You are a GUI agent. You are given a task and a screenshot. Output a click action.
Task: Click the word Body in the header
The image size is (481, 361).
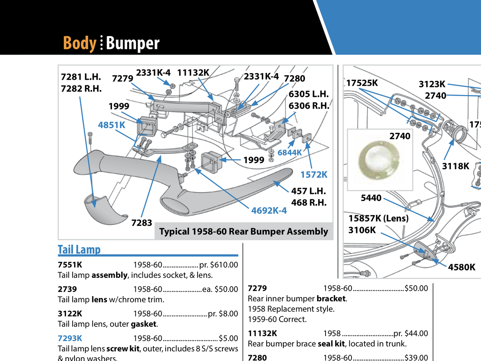[79, 43]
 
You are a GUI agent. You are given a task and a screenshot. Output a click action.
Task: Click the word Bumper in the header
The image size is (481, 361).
[132, 43]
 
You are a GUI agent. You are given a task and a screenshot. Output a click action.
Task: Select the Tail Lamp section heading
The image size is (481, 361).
[79, 250]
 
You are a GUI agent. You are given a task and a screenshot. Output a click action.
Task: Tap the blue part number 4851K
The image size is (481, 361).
[111, 125]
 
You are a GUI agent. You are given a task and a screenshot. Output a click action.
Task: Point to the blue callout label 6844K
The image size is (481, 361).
[290, 152]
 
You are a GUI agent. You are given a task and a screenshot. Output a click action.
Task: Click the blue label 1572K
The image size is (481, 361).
[314, 174]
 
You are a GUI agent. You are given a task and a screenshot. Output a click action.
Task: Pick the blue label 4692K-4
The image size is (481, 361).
[269, 211]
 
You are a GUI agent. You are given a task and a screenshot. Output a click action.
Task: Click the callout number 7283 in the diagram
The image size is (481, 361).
[142, 223]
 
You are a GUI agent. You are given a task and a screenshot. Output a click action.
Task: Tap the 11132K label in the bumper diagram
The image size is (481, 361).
[193, 73]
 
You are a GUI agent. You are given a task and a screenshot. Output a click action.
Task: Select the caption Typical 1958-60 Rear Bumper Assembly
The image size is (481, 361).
[243, 232]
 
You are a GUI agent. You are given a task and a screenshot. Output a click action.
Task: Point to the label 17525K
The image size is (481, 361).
[362, 83]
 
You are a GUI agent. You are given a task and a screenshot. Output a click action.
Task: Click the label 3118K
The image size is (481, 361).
[455, 166]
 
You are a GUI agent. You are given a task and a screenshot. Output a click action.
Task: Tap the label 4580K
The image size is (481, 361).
[461, 267]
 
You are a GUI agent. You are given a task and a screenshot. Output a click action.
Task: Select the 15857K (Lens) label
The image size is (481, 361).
[378, 218]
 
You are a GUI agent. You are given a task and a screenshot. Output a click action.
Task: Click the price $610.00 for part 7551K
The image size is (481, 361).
[224, 265]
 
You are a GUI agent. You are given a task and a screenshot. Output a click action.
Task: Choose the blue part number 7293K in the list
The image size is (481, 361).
[70, 338]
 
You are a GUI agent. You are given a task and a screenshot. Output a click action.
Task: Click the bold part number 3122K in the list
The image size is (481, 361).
[70, 314]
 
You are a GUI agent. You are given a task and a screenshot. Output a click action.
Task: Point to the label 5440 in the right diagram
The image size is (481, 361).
[371, 198]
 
